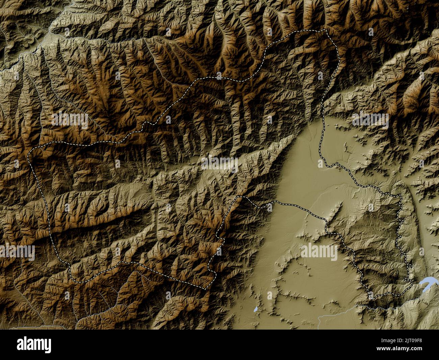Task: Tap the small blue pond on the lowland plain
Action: coord(256,309)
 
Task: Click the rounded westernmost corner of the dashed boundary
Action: coord(29,154)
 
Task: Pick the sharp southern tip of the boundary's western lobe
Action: coord(205,289)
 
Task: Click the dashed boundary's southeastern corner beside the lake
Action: coord(410,281)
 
